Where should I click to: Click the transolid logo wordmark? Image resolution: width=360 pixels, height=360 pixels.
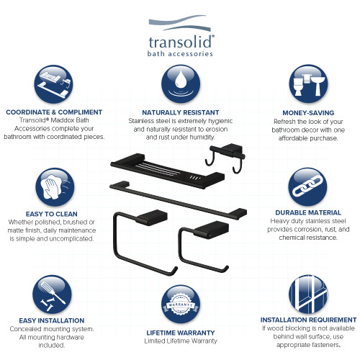(180, 40)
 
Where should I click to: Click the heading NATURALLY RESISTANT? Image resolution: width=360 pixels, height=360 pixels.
(180, 113)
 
